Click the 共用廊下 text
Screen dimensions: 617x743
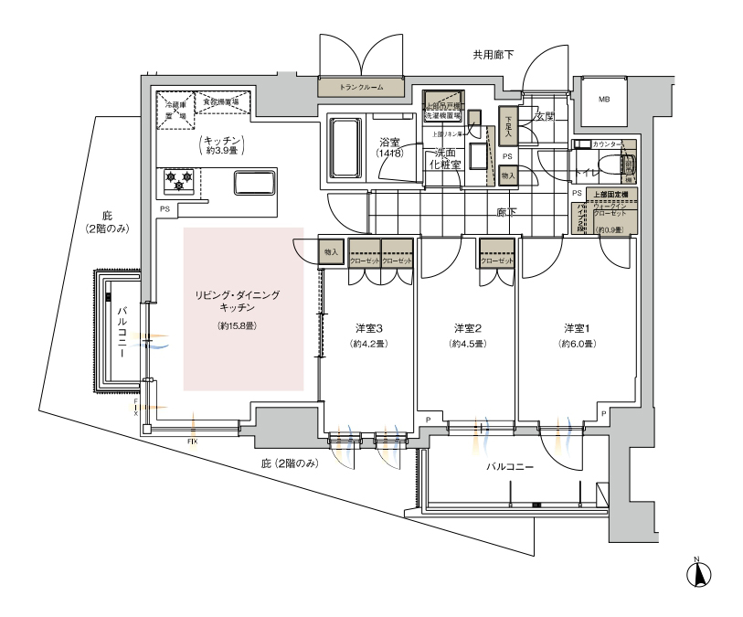[x=493, y=56]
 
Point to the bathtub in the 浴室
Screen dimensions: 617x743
[x=345, y=149]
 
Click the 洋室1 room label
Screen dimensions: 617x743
[x=578, y=327]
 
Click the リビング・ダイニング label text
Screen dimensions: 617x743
[x=237, y=296]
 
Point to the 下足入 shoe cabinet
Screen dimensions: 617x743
[x=507, y=124]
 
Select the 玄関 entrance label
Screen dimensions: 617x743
[x=545, y=116]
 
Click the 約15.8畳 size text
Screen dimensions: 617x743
[x=237, y=325]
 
